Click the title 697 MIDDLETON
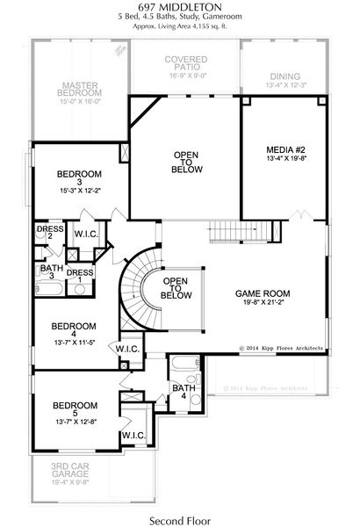pos(179,8)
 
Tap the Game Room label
pos(263,293)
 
